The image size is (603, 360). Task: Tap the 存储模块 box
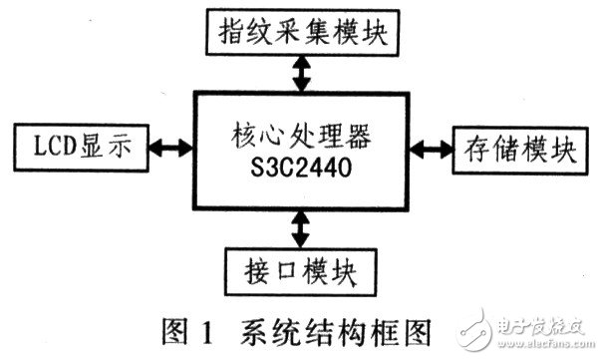(515, 150)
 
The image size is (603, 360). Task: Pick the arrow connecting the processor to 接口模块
(296, 228)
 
